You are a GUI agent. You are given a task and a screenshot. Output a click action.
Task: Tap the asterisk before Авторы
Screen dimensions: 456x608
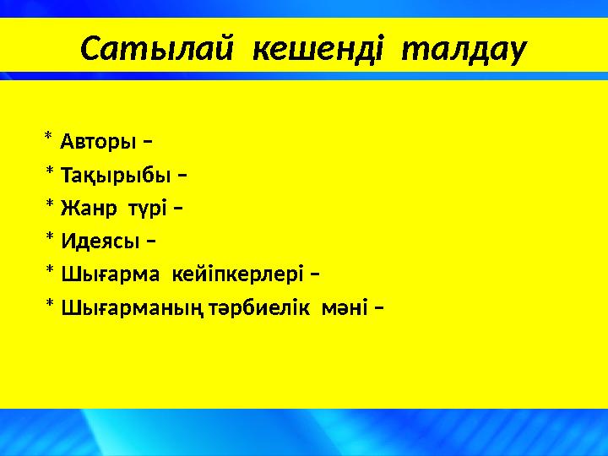[48, 137]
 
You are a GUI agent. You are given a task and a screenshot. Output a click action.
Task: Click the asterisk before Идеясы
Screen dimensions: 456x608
[50, 240]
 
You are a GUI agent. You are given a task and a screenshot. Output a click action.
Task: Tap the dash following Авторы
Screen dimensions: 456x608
[148, 139]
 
